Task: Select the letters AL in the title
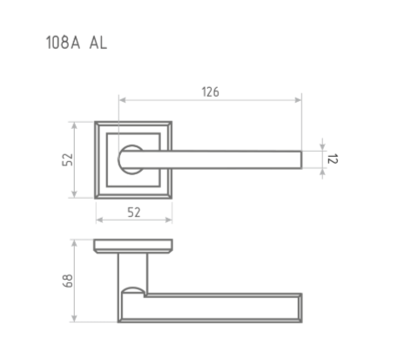point(98,41)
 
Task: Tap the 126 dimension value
point(209,91)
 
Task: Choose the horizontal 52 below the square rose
point(133,212)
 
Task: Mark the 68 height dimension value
point(68,281)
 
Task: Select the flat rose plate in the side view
point(133,245)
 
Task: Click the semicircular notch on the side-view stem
point(132,289)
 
